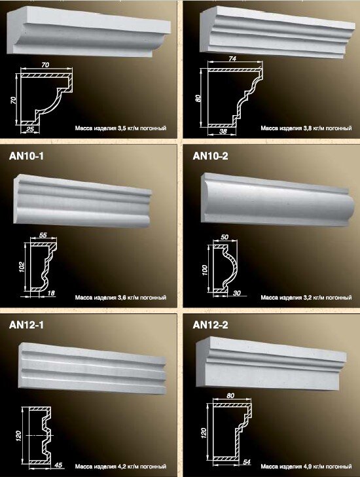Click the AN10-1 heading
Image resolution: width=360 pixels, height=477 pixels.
pyautogui.click(x=26, y=156)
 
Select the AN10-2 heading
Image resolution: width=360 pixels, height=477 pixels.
pyautogui.click(x=210, y=156)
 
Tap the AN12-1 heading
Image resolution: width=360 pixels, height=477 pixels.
pyautogui.click(x=26, y=325)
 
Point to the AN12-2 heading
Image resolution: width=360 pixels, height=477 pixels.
pyautogui.click(x=210, y=325)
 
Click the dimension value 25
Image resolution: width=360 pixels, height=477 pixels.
pyautogui.click(x=30, y=130)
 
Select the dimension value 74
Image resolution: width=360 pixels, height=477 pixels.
pyautogui.click(x=232, y=58)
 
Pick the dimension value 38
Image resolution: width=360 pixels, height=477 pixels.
pyautogui.click(x=223, y=132)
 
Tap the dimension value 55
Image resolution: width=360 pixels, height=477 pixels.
pyautogui.click(x=43, y=235)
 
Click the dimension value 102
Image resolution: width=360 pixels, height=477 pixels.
pyautogui.click(x=22, y=267)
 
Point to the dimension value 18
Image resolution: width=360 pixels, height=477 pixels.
pyautogui.click(x=51, y=293)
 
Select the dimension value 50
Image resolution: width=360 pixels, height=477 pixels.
pyautogui.click(x=225, y=237)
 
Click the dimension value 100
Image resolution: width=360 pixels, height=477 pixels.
pyautogui.click(x=205, y=270)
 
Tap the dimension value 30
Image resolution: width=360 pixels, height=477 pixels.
pyautogui.click(x=236, y=293)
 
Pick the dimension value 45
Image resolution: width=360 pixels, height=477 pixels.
pyautogui.click(x=58, y=465)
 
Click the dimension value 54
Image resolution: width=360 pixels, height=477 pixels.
pyautogui.click(x=247, y=462)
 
